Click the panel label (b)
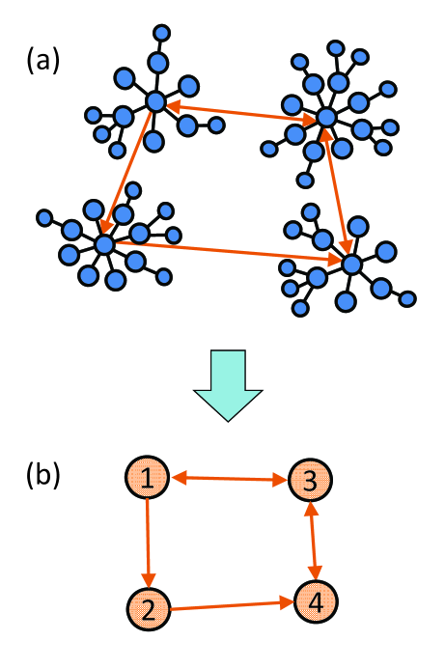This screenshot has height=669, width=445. [x=42, y=476]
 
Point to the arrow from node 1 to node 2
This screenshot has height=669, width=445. [x=148, y=542]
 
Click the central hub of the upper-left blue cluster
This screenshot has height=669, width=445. [x=156, y=100]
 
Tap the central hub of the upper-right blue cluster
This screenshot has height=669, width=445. [x=325, y=118]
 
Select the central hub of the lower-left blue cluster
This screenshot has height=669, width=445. [x=103, y=244]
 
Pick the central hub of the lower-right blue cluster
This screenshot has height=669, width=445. [x=351, y=263]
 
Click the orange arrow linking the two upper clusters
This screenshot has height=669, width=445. [x=241, y=109]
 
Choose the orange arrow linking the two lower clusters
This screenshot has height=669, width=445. [x=227, y=253]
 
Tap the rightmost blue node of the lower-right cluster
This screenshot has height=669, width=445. [x=409, y=297]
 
